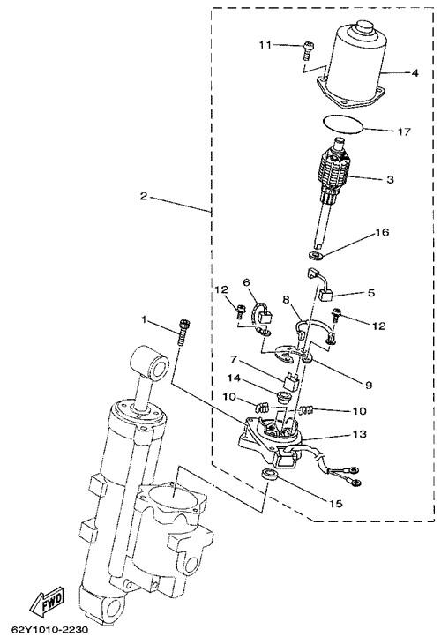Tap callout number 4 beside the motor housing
415,73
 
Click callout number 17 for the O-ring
405,131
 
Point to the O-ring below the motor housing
342,124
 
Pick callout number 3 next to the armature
390,179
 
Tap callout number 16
382,232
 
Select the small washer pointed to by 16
315,256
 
